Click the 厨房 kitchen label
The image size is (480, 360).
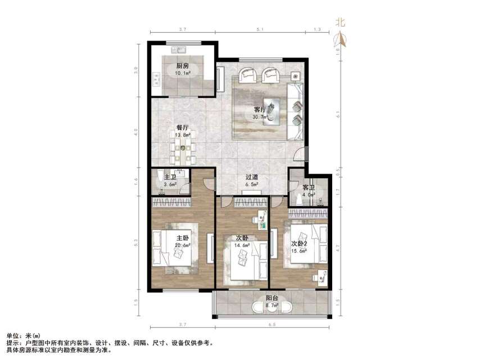tap(182, 66)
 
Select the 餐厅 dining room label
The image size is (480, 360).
tap(182, 128)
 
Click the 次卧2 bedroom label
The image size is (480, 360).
tap(299, 244)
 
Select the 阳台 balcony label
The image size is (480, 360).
tap(272, 299)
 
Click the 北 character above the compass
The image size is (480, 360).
tap(340, 22)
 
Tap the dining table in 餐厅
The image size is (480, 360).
tap(182, 150)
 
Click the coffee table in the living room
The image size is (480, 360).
tap(274, 109)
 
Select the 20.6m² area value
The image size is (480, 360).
tap(183, 245)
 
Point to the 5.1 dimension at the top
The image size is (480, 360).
tap(257, 29)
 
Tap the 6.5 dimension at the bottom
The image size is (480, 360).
tap(272, 325)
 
